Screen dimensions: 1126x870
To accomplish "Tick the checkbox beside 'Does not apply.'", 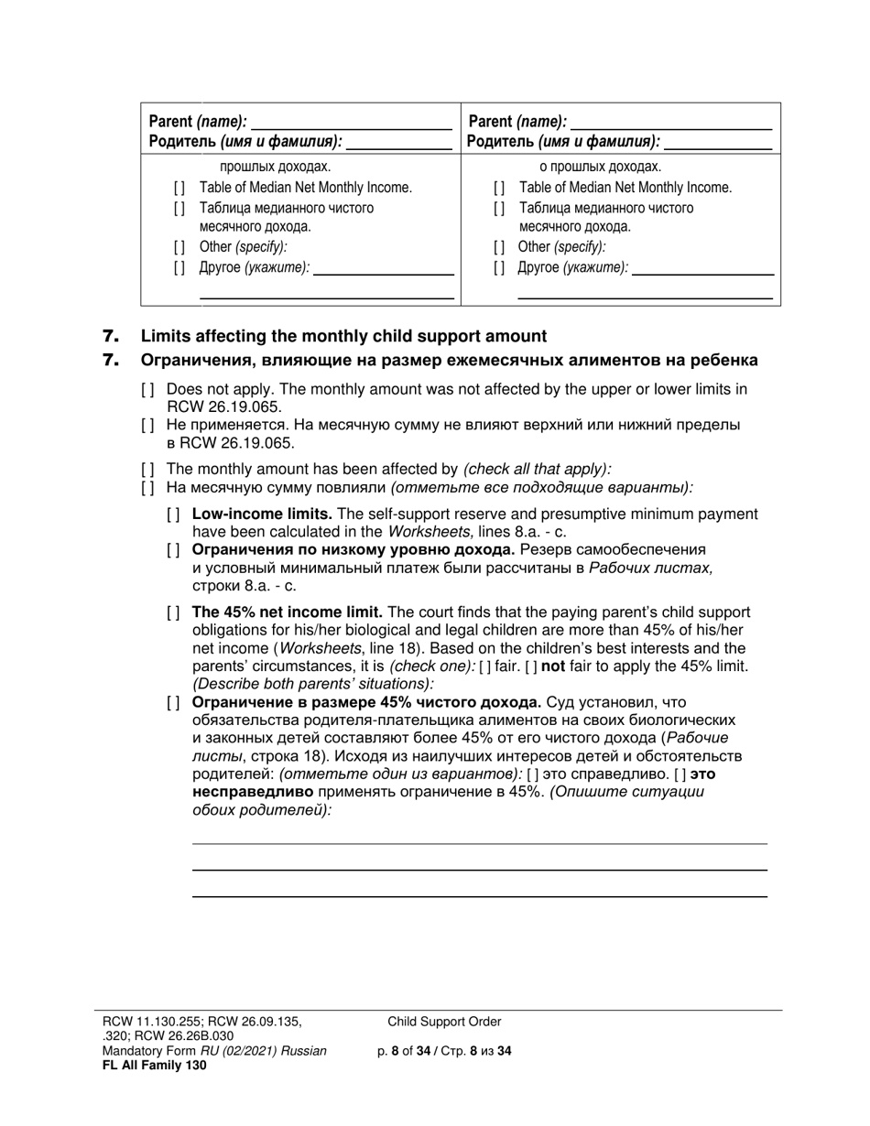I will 147,390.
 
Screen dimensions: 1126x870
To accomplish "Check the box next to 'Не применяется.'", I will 147,426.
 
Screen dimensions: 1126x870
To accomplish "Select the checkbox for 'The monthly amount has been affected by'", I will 147,469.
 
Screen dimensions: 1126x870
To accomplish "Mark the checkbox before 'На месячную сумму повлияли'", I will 147,487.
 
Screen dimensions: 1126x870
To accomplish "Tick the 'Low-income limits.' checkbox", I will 173,514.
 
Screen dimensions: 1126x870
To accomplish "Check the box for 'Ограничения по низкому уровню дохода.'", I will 173,550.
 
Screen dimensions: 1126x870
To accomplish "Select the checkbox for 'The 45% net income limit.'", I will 173,612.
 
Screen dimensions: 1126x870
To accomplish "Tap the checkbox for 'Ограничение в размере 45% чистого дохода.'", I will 173,703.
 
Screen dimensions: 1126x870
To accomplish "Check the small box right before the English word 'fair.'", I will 485,666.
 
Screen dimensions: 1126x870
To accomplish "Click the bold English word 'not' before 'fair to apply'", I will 553,666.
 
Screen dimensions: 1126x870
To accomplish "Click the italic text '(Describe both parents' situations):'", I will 312,684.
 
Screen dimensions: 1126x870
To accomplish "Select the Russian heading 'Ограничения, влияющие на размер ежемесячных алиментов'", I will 449,361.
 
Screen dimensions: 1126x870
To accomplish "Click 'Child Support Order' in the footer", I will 444,1022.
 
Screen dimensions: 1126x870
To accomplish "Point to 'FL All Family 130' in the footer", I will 154,1065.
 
